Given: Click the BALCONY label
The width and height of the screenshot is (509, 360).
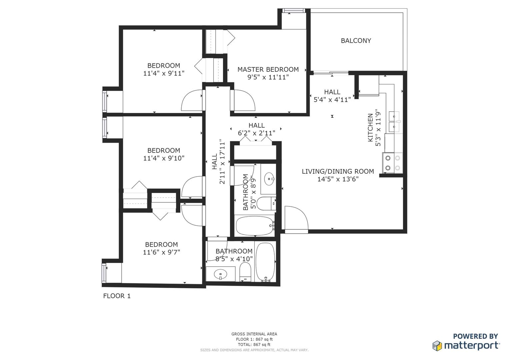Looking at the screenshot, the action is [x=356, y=41].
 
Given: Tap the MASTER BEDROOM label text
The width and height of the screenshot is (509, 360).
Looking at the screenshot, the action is [x=268, y=70].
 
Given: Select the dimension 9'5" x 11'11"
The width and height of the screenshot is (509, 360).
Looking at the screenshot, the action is [x=268, y=77].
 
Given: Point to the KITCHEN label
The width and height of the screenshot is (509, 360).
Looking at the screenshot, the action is [x=370, y=127].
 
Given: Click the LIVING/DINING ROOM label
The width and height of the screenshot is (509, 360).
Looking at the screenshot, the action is [x=338, y=171].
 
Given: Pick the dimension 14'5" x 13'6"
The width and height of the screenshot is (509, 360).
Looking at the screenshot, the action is [x=338, y=179].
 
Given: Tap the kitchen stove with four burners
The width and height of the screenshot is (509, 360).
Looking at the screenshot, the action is [x=392, y=163].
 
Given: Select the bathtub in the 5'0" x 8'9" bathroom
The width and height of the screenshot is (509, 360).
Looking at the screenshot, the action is [x=255, y=226].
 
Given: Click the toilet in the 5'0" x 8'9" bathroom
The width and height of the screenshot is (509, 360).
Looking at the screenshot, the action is [x=266, y=204].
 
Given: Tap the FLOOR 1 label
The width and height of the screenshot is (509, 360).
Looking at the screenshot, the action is [x=117, y=296].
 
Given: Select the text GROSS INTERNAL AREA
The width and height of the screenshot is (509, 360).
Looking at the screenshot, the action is [x=254, y=334].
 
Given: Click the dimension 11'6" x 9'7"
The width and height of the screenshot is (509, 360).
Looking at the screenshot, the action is [x=161, y=252].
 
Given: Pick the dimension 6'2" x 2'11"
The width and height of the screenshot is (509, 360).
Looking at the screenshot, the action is [x=256, y=133].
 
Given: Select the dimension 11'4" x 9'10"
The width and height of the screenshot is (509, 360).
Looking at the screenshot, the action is [x=164, y=158].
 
